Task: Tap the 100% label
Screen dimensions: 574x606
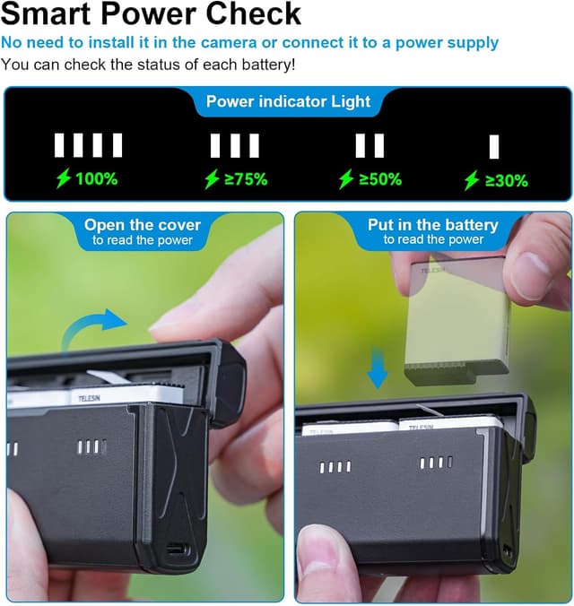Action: click(x=96, y=179)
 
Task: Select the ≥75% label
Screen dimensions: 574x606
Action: click(x=246, y=179)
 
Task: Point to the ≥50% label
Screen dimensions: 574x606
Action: click(x=380, y=179)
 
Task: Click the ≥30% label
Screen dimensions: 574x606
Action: click(x=507, y=180)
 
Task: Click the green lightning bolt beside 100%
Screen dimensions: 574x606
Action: click(x=64, y=178)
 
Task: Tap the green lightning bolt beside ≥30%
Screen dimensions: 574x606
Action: click(x=472, y=180)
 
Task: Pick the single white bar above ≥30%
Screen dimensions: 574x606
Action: click(x=494, y=147)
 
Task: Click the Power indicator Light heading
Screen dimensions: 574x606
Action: click(x=288, y=101)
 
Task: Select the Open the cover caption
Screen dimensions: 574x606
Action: click(x=143, y=225)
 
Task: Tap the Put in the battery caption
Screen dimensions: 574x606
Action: click(x=433, y=225)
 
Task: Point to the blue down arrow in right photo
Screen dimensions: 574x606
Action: click(x=377, y=368)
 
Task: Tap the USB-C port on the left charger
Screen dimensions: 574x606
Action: click(x=178, y=549)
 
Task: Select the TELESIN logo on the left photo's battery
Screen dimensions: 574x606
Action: click(x=89, y=398)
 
